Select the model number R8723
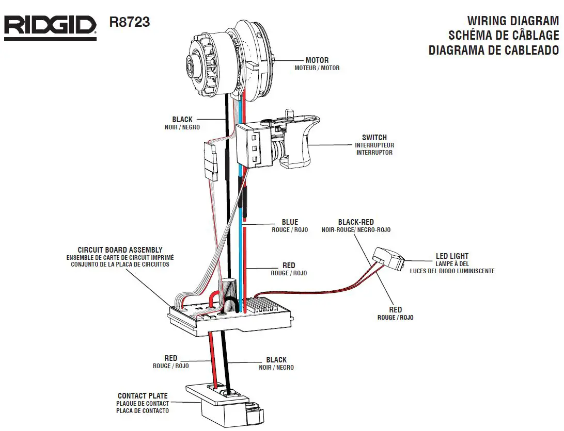130,23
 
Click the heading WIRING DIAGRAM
512,21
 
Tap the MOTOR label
317,60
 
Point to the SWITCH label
374,138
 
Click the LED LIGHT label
452,256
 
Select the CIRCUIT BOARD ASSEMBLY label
120,250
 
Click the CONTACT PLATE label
143,396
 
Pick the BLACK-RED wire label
355,222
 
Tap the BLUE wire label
290,222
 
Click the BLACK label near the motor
182,120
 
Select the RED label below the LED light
395,310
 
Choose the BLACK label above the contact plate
276,360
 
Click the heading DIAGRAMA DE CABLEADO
493,50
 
